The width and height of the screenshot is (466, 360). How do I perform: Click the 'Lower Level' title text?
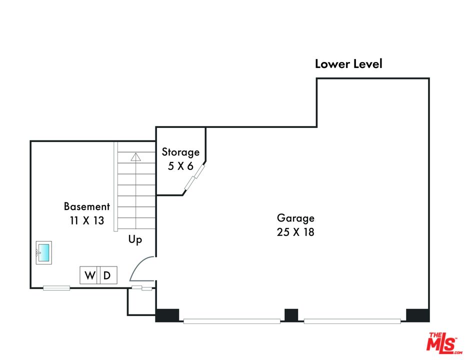(348, 64)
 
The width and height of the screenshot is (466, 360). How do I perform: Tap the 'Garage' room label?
(295, 218)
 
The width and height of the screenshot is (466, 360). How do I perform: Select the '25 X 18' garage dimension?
(295, 232)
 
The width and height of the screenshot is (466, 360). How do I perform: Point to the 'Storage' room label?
(180, 152)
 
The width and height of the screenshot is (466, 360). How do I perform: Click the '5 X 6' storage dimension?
(180, 166)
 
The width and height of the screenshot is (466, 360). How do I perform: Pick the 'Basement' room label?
(86, 206)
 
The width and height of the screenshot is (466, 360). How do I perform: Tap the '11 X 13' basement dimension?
(86, 220)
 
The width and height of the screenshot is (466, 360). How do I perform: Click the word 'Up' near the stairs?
(135, 240)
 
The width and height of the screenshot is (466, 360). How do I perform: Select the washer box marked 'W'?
(90, 275)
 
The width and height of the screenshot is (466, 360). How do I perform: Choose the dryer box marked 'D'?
(107, 275)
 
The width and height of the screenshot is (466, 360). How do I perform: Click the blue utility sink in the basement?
(43, 252)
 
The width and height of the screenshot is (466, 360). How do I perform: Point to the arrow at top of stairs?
(135, 157)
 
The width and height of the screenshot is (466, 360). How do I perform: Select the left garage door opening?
(231, 321)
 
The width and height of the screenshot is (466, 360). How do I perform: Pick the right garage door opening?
(352, 321)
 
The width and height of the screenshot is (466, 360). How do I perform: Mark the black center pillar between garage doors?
(291, 315)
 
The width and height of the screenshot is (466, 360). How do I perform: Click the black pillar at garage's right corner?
(417, 315)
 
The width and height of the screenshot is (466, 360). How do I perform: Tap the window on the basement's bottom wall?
(56, 287)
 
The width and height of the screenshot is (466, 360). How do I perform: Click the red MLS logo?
(442, 342)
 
